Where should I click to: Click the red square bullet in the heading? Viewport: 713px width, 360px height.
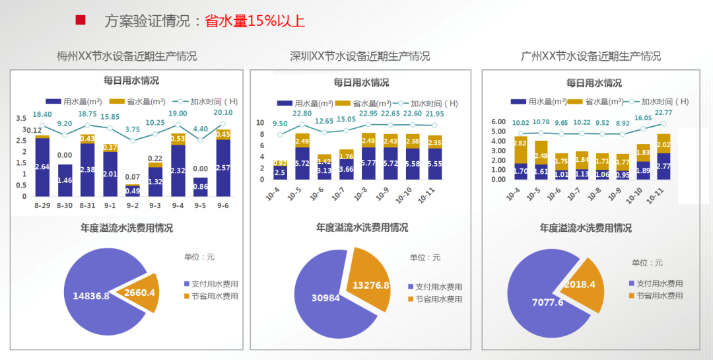(81, 20)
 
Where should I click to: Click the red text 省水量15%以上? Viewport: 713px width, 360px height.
(255, 21)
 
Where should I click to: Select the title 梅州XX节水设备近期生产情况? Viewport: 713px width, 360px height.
(127, 56)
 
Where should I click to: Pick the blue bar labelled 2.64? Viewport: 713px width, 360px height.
(42, 167)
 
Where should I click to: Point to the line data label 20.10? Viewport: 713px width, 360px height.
(223, 113)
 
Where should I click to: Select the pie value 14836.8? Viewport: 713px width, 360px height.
(86, 295)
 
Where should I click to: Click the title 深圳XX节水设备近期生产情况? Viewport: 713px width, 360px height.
(360, 56)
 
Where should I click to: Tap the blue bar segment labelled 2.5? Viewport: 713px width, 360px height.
(280, 172)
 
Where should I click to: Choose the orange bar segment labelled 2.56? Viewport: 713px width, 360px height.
(412, 141)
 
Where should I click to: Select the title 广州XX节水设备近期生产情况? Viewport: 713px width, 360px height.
(591, 56)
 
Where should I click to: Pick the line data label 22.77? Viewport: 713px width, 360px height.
(663, 113)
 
